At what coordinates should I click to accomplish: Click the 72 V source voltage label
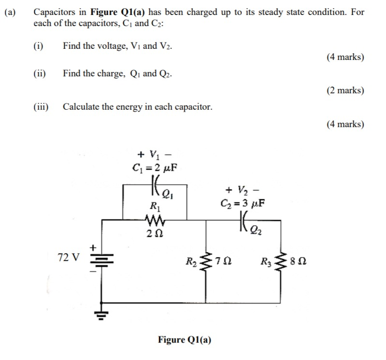pyautogui.click(x=68, y=257)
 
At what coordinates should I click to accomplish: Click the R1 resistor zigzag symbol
pyautogui.click(x=155, y=223)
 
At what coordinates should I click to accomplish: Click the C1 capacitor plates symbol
pyautogui.click(x=155, y=186)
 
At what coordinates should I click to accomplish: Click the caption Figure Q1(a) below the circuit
pyautogui.click(x=184, y=339)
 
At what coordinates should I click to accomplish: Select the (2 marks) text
pyautogui.click(x=345, y=90)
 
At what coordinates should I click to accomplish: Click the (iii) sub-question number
pyautogui.click(x=44, y=107)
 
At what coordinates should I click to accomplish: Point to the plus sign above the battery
pyautogui.click(x=94, y=247)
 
